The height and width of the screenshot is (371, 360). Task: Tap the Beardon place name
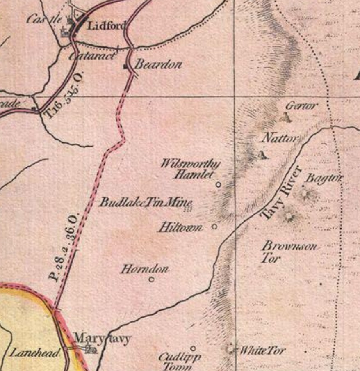pyautogui.click(x=158, y=65)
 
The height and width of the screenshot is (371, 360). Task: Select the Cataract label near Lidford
pyautogui.click(x=92, y=56)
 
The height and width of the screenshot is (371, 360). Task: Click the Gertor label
pyautogui.click(x=301, y=106)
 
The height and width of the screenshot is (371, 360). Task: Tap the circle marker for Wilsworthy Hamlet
pyautogui.click(x=219, y=185)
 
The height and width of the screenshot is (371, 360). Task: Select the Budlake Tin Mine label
pyautogui.click(x=146, y=202)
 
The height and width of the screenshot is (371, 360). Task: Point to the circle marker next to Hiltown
pyautogui.click(x=214, y=226)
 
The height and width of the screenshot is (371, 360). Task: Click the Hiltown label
pyautogui.click(x=180, y=228)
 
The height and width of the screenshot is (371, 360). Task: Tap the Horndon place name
pyautogui.click(x=144, y=270)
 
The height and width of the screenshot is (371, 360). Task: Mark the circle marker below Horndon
pyautogui.click(x=151, y=279)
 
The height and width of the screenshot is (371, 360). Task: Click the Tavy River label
pyautogui.click(x=281, y=193)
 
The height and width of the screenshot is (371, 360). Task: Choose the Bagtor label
pyautogui.click(x=324, y=178)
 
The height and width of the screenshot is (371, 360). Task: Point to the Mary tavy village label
pyautogui.click(x=103, y=339)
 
